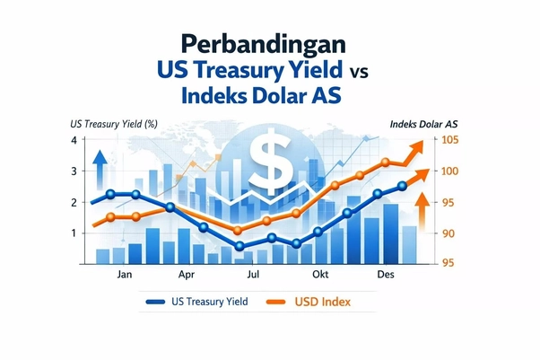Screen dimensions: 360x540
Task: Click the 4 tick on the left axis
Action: (x=73, y=140)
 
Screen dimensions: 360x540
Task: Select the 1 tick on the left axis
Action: (x=73, y=233)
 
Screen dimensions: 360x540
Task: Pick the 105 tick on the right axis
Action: (x=449, y=140)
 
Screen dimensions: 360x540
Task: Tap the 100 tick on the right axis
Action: (x=449, y=171)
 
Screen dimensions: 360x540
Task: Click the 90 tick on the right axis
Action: (x=448, y=233)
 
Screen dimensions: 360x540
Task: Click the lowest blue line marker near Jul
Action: (x=240, y=245)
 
